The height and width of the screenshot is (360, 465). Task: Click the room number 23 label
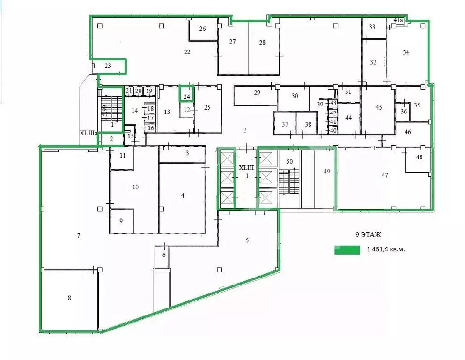(108, 66)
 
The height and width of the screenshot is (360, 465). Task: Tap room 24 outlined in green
(187, 96)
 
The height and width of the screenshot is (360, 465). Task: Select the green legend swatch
(347, 250)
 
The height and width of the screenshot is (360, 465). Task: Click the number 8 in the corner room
(69, 297)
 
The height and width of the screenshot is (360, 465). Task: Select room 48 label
(419, 157)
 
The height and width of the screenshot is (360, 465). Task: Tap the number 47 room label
(384, 175)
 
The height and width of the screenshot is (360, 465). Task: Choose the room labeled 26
(202, 29)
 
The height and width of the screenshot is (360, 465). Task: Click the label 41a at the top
(398, 20)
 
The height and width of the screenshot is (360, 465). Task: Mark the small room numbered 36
(404, 111)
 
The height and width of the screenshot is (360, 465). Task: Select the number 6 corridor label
(164, 255)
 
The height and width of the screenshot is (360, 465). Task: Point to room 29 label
(257, 93)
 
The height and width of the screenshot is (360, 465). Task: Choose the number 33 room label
(372, 27)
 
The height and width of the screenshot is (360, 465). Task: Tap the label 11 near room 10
(123, 155)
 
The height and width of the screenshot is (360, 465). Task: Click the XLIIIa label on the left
(88, 133)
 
